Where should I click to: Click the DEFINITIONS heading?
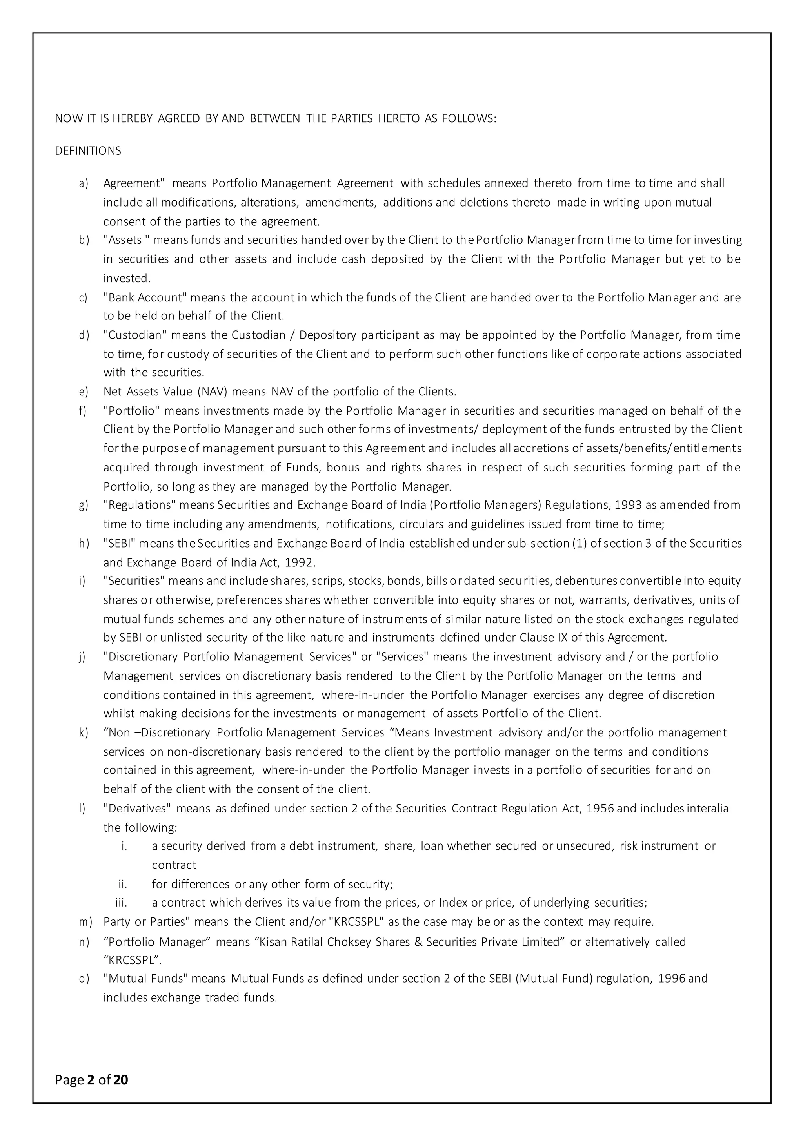(x=88, y=151)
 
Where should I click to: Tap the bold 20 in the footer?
(x=121, y=1080)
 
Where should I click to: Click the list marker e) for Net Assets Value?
(x=83, y=392)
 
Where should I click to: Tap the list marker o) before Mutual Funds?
(x=84, y=978)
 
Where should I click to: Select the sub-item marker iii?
(x=121, y=903)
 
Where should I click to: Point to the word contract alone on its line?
(x=174, y=865)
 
